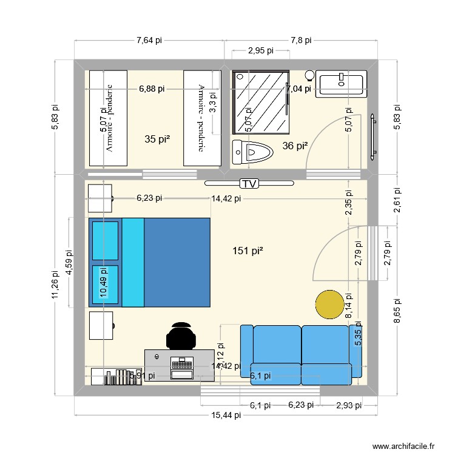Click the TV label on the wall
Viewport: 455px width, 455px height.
248,183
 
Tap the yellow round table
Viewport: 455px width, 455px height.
330,305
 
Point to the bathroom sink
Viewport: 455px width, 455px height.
341,84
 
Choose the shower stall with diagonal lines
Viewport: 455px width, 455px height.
261,101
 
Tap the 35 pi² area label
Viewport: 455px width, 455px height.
157,139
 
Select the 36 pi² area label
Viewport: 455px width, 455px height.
295,146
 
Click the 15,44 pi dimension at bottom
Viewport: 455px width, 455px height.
226,415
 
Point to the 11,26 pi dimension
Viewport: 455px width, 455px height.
55,285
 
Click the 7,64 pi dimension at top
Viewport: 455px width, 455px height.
149,41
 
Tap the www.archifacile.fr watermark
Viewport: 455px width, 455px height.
404,446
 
